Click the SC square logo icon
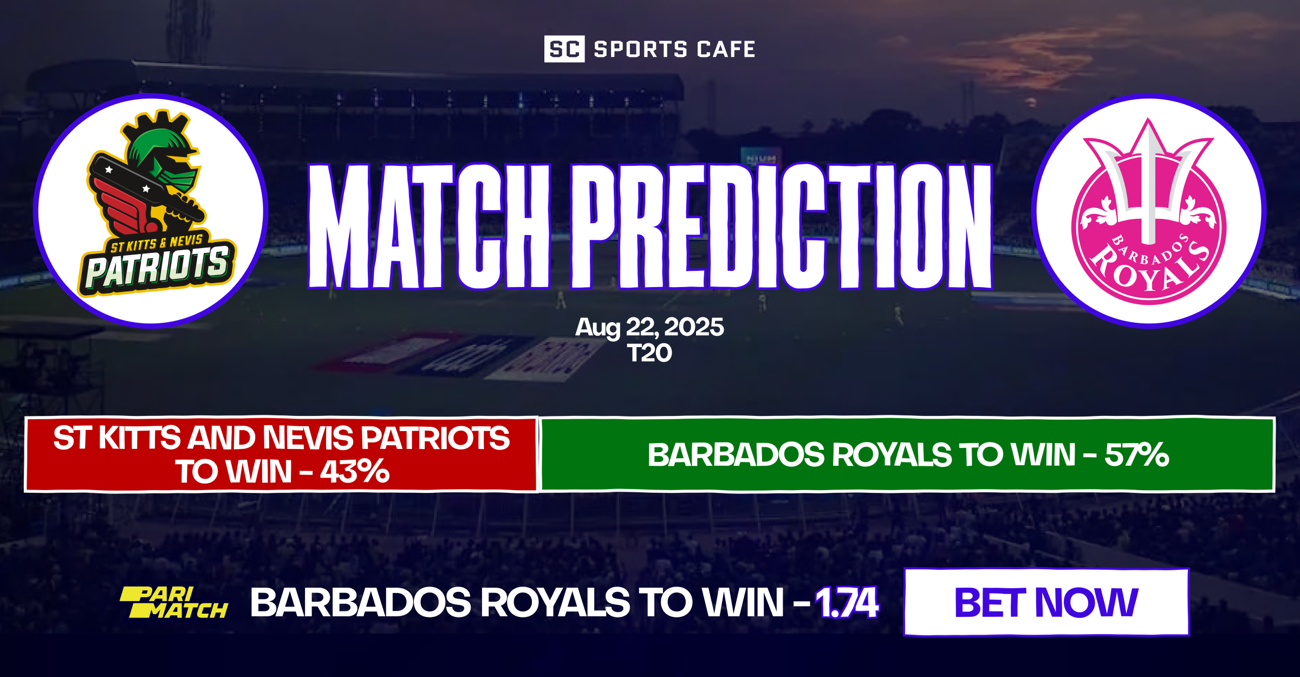pyautogui.click(x=564, y=49)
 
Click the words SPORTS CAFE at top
pyautogui.click(x=674, y=49)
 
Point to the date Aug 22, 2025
pyautogui.click(x=649, y=327)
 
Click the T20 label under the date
pyautogui.click(x=649, y=353)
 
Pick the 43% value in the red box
pyautogui.click(x=354, y=472)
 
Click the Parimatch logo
pyautogui.click(x=173, y=602)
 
